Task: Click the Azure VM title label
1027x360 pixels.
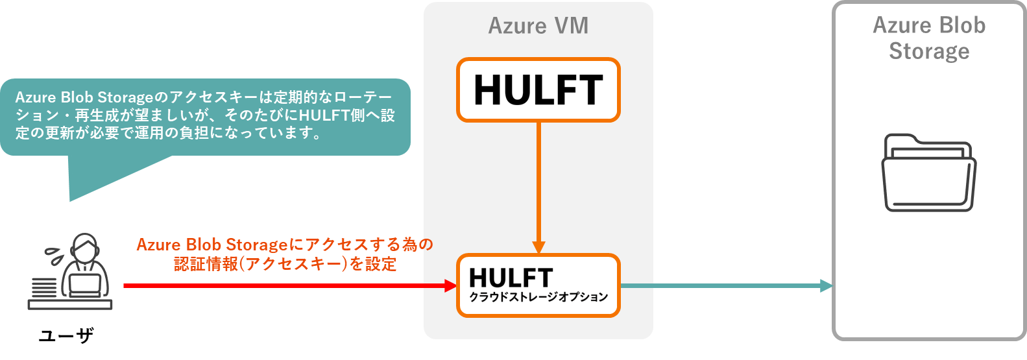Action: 538,26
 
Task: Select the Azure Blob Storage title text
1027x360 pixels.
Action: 928,38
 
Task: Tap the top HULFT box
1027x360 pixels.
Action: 538,90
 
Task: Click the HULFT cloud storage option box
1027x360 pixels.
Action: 538,285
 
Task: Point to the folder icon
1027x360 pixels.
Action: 928,173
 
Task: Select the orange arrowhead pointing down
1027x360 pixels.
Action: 538,247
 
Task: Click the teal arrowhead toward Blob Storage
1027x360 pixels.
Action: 826,285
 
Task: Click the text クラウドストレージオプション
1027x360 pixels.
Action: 538,297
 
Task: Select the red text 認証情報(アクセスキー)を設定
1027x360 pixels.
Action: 285,264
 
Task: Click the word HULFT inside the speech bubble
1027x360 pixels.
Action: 327,115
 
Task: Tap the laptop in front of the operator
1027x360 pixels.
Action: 84,285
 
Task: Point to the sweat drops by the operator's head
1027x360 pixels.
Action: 54,255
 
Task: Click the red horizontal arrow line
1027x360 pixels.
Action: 285,285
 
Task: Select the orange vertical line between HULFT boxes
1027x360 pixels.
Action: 538,182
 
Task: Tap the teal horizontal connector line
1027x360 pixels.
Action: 720,285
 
